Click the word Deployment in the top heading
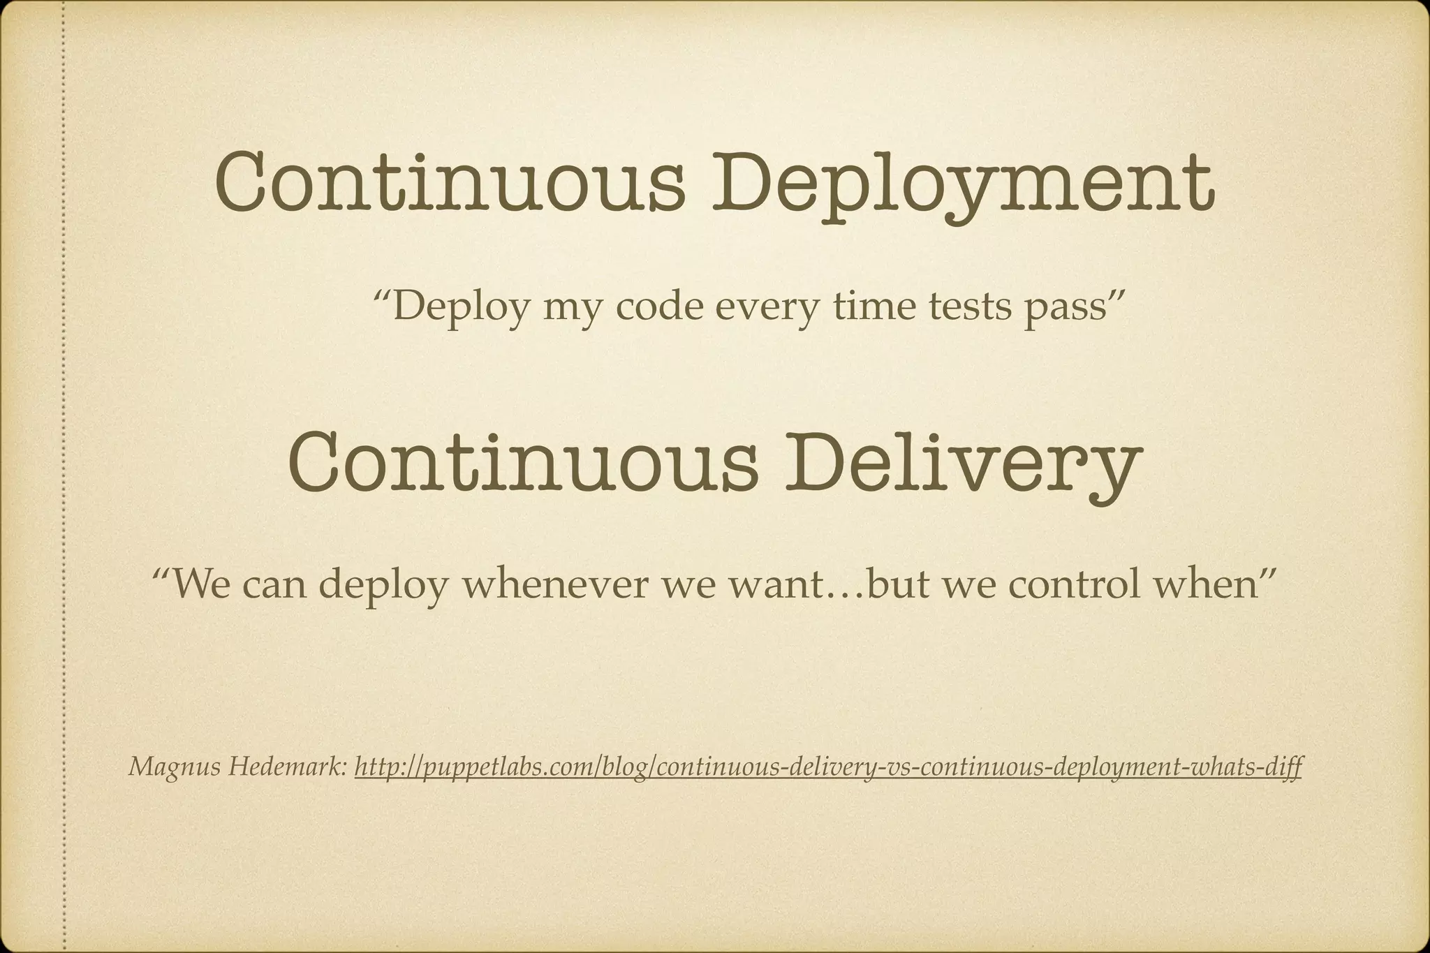click(963, 183)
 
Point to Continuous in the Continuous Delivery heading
click(522, 461)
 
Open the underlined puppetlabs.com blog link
click(828, 768)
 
